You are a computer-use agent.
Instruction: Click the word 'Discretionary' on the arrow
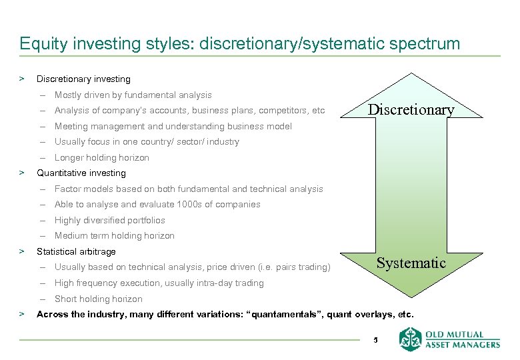(x=411, y=110)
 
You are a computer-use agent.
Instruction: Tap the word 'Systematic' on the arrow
(x=411, y=263)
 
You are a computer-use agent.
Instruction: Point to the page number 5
(x=375, y=340)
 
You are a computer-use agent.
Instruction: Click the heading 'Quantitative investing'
(x=81, y=173)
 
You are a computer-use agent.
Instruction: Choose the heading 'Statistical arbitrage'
(x=76, y=252)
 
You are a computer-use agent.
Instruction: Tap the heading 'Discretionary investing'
(x=83, y=79)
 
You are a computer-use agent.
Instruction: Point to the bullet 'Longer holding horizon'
(x=101, y=158)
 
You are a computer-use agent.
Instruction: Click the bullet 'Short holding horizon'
(x=98, y=299)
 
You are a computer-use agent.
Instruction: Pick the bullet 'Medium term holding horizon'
(x=114, y=236)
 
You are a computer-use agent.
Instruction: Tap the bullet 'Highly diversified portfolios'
(x=109, y=221)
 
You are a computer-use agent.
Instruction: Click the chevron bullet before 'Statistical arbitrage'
(x=23, y=252)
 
